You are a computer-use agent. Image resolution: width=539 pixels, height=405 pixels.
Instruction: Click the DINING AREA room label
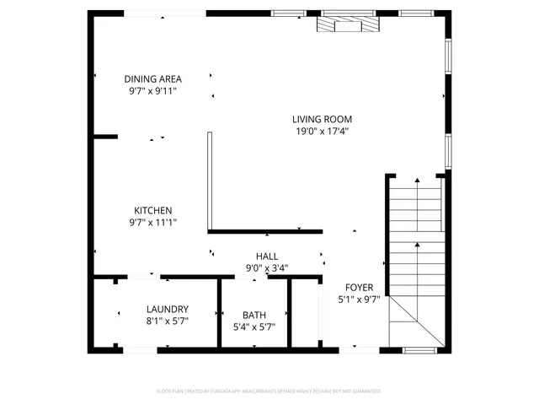coord(152,78)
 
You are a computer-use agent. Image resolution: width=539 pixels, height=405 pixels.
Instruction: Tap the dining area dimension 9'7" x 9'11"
coord(152,90)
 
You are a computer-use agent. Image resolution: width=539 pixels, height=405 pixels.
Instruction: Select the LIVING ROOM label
coord(322,119)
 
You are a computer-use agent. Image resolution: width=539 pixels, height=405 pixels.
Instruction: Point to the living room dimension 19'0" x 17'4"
coord(322,131)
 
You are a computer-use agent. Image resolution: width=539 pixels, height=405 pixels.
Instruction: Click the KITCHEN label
coord(152,210)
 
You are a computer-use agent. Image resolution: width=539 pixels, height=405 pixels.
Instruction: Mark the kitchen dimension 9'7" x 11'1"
coord(152,223)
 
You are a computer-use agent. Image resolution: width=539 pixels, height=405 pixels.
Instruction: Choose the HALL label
coord(267,256)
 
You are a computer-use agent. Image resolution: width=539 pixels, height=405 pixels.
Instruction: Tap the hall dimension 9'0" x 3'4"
coord(267,268)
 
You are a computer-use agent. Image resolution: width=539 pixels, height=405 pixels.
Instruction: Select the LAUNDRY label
coord(167,309)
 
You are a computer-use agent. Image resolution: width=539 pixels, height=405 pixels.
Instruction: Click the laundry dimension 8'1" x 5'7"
coord(167,321)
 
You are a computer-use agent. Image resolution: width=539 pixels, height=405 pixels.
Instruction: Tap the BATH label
coord(253,315)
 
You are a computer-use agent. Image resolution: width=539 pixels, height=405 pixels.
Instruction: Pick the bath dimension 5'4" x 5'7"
coord(253,327)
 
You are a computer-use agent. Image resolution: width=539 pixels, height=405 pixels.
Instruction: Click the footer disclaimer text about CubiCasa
coord(269,391)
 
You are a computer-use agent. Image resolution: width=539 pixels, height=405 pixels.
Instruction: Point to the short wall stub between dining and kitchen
coord(104,135)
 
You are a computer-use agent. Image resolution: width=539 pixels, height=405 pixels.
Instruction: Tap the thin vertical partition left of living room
coord(211,181)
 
